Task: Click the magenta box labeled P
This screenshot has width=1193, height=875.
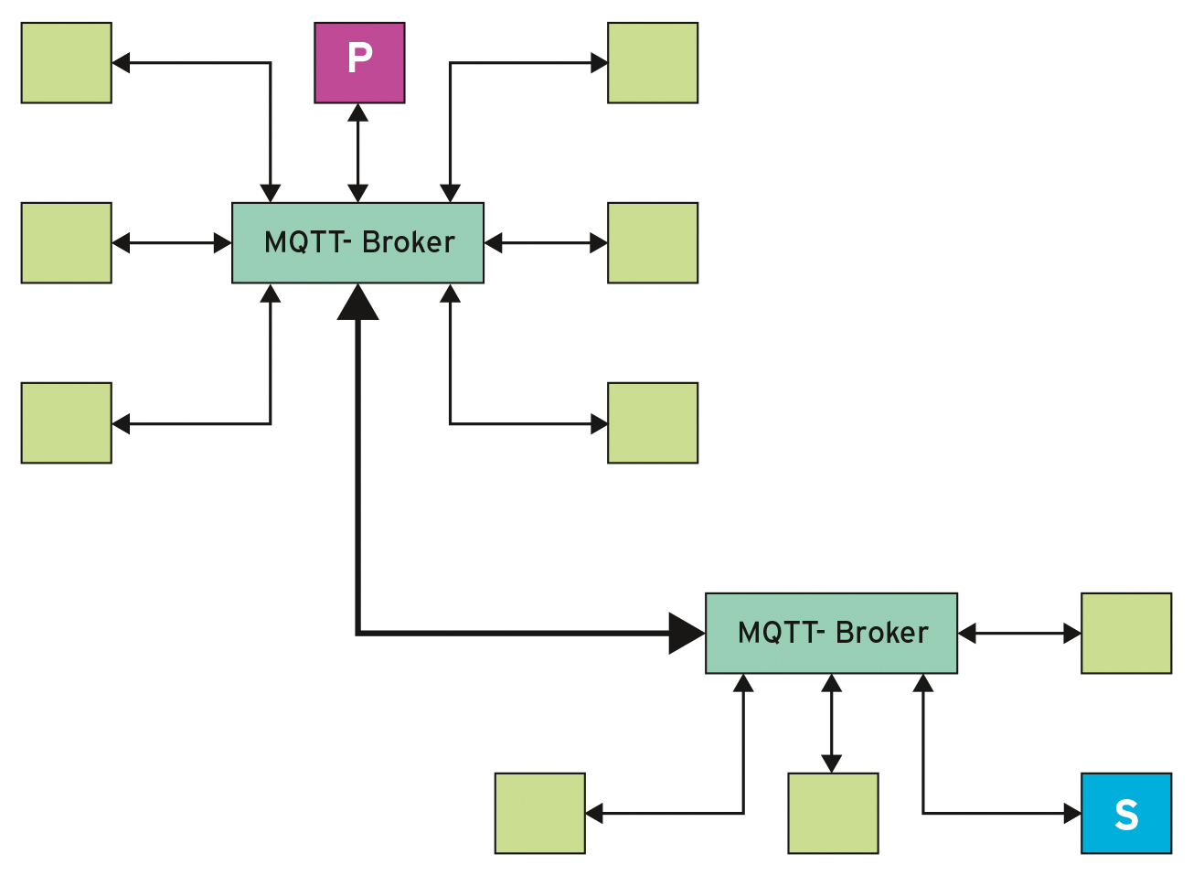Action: tap(359, 63)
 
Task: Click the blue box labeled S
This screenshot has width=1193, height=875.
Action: tap(1125, 813)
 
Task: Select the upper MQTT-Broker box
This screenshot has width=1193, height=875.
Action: tap(357, 242)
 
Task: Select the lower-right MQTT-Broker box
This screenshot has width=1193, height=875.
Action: tap(831, 633)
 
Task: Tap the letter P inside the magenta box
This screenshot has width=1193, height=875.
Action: tap(359, 58)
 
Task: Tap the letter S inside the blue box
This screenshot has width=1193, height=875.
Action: tap(1126, 814)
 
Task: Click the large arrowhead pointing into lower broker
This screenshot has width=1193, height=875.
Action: tap(686, 633)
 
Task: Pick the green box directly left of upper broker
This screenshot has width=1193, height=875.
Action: tap(66, 242)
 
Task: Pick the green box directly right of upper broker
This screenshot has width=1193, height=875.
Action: tap(653, 242)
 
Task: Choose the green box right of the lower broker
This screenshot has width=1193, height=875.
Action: tap(1125, 633)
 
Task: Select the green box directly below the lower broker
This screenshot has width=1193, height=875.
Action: tap(832, 813)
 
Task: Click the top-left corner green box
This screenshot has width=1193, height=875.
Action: tap(66, 63)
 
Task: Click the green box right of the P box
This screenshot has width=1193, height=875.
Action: tap(653, 63)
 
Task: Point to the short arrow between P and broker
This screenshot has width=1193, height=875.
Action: tap(358, 153)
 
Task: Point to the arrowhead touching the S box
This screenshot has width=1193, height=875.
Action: tap(1073, 813)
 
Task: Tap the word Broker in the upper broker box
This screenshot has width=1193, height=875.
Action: tap(408, 242)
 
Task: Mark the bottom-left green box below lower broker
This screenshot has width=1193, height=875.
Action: tap(539, 813)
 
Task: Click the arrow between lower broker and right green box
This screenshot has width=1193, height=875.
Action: tap(1019, 633)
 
